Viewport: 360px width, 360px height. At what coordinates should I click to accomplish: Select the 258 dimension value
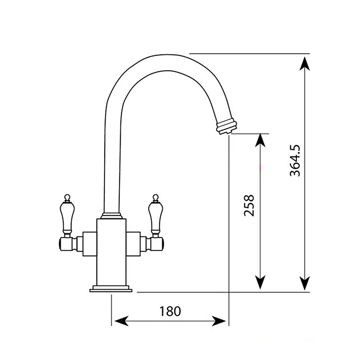pyautogui.click(x=249, y=205)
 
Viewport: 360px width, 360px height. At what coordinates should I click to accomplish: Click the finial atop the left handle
pyautogui.click(x=67, y=197)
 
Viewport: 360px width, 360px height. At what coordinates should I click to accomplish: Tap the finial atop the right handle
pyautogui.click(x=155, y=197)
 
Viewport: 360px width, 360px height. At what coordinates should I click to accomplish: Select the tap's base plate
pyautogui.click(x=111, y=288)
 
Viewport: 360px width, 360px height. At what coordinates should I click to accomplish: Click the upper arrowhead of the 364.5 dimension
pyautogui.click(x=305, y=64)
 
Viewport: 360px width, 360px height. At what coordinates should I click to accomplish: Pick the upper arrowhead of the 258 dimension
pyautogui.click(x=260, y=141)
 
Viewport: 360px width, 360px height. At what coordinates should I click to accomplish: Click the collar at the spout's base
pyautogui.click(x=111, y=216)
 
